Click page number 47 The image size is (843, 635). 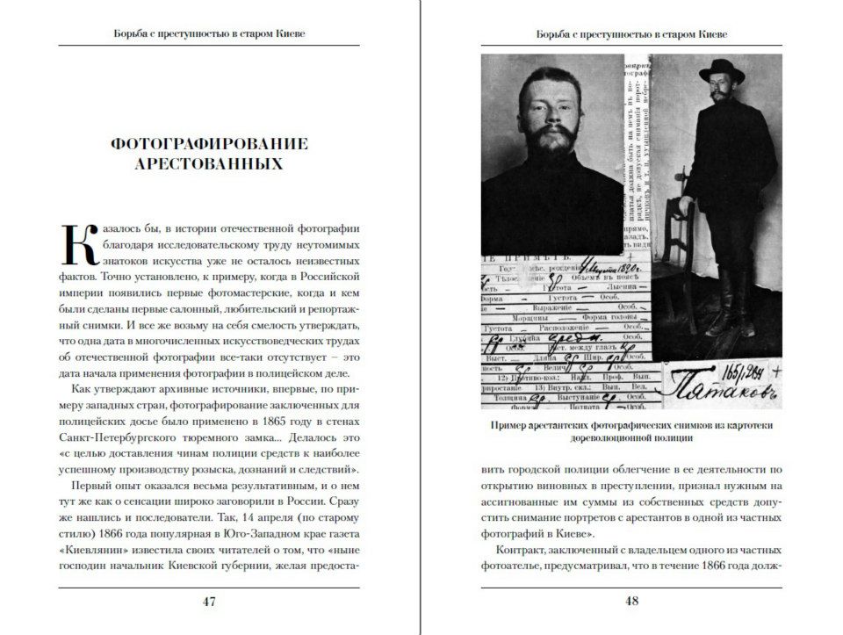tap(209, 602)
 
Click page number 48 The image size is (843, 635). tap(632, 602)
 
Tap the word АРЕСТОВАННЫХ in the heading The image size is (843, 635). tap(209, 164)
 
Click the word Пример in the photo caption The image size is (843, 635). tap(510, 426)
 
